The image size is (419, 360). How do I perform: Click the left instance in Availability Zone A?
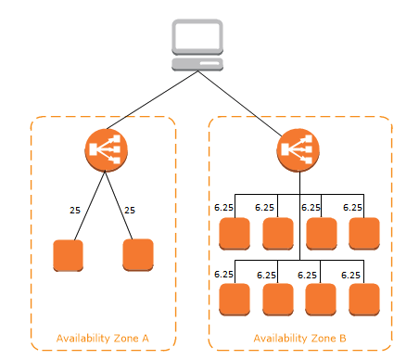(69, 255)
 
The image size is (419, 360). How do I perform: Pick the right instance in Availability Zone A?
(138, 255)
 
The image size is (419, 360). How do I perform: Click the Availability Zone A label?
(102, 338)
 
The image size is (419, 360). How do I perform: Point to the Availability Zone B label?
(298, 338)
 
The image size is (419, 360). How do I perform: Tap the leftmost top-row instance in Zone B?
(235, 234)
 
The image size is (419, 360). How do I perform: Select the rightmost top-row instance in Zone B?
(364, 234)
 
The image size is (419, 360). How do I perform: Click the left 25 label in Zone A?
(75, 210)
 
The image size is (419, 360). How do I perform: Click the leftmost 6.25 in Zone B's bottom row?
(223, 275)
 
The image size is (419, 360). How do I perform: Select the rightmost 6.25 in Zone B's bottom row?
(351, 275)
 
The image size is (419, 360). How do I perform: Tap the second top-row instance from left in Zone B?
(278, 234)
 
